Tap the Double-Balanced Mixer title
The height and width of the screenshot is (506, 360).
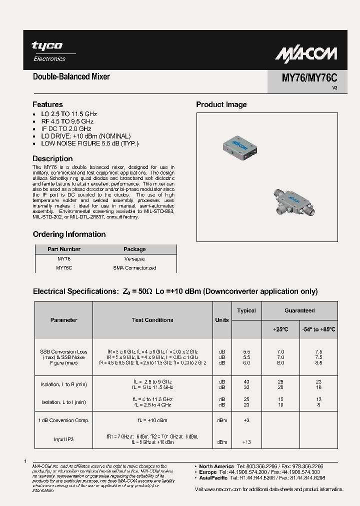[x=71, y=76]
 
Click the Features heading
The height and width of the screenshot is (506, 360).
[x=47, y=104]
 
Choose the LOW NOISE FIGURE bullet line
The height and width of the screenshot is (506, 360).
[x=89, y=143]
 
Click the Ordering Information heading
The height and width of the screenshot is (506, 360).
[x=69, y=234]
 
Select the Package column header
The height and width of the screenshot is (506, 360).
[x=134, y=249]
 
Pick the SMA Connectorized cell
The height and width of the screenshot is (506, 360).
[x=134, y=268]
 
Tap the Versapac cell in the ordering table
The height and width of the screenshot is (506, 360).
[x=134, y=259]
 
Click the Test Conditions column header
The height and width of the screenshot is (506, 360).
[x=152, y=320]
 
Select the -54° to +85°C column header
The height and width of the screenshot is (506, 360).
[x=318, y=329]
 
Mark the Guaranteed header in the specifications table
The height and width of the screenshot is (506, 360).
[x=299, y=310]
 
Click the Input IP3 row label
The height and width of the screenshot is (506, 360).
[x=63, y=439]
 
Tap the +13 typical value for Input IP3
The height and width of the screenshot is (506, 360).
[x=246, y=442]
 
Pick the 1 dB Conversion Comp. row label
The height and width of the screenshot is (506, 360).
[x=64, y=420]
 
